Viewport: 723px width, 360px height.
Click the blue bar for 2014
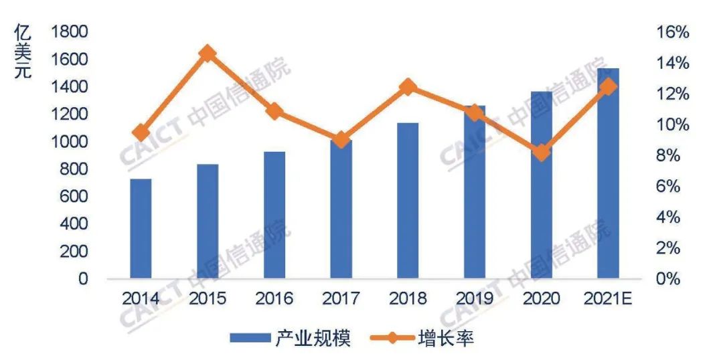[x=141, y=228]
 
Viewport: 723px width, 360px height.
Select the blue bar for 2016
[x=274, y=215]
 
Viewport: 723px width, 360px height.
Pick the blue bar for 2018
[x=408, y=200]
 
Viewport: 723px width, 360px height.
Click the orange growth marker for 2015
[x=208, y=54]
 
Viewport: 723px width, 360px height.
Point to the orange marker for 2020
[x=542, y=153]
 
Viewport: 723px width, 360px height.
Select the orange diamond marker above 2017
[x=341, y=140]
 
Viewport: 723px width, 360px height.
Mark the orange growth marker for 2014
[x=141, y=132]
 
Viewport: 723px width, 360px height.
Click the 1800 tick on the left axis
[x=70, y=32]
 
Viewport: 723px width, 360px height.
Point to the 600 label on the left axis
[x=75, y=197]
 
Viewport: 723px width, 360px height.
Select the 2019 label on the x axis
[x=475, y=298]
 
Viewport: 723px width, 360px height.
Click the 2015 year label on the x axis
[x=208, y=298]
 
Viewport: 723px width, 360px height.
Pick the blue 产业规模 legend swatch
[x=249, y=338]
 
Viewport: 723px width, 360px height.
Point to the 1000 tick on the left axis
[x=70, y=142]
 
